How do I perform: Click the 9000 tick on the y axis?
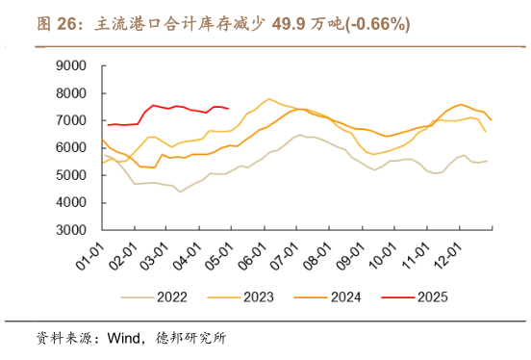[73, 65]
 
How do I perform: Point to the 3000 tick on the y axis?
[73, 231]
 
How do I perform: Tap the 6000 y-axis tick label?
[73, 148]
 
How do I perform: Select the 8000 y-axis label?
[73, 93]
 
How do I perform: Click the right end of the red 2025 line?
[227, 108]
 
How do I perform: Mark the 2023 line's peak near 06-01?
[268, 98]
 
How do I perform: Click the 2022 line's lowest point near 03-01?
[179, 192]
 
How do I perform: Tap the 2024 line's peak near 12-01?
[461, 104]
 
